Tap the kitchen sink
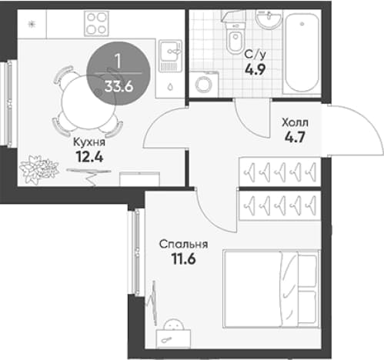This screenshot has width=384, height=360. click(x=169, y=55)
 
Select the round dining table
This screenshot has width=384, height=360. click(x=88, y=102)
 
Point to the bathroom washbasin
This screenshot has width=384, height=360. click(x=269, y=18)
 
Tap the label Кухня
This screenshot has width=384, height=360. click(x=89, y=142)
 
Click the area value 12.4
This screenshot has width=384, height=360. click(x=90, y=157)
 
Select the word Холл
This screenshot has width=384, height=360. click(x=295, y=123)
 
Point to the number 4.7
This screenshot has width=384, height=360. click(x=295, y=137)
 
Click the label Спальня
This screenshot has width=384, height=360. click(x=183, y=245)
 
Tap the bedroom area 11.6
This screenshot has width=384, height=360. click(x=184, y=259)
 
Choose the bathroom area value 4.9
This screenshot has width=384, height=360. click(x=255, y=69)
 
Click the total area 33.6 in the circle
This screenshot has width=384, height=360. click(x=119, y=87)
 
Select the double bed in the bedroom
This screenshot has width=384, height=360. click(x=272, y=288)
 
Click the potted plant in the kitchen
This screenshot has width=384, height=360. click(x=38, y=169)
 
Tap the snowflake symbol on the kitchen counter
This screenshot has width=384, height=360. click(x=32, y=25)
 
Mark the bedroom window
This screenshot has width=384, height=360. click(x=136, y=252)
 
